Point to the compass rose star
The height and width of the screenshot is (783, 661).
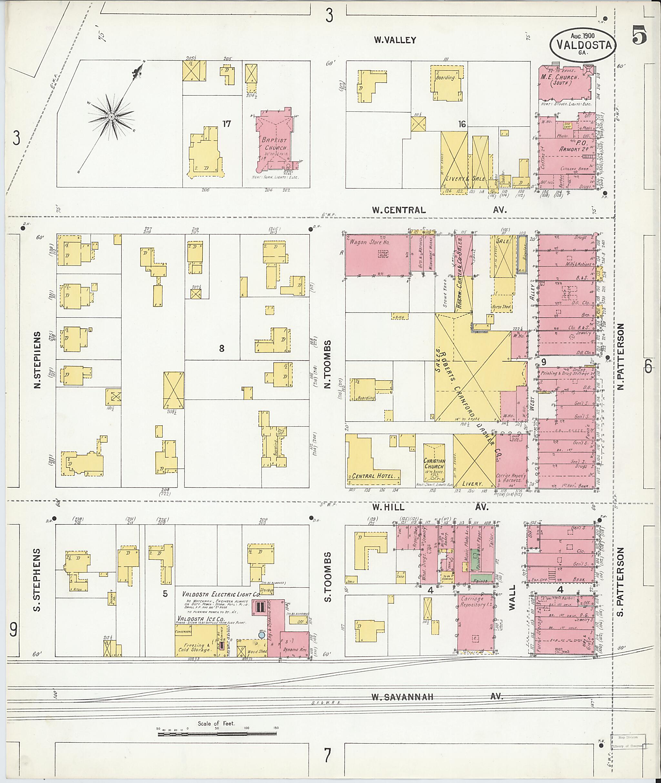111,117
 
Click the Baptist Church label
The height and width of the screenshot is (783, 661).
274,143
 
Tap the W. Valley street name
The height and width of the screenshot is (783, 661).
395,40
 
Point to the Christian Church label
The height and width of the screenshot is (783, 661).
435,464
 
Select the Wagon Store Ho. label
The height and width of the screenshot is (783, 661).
370,242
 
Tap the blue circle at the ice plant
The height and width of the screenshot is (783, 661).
261,635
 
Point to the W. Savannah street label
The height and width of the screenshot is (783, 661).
402,697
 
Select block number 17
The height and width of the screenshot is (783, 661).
226,124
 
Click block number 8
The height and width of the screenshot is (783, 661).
221,348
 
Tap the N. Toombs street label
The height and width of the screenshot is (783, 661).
328,364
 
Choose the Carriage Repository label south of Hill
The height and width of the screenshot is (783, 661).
473,602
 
